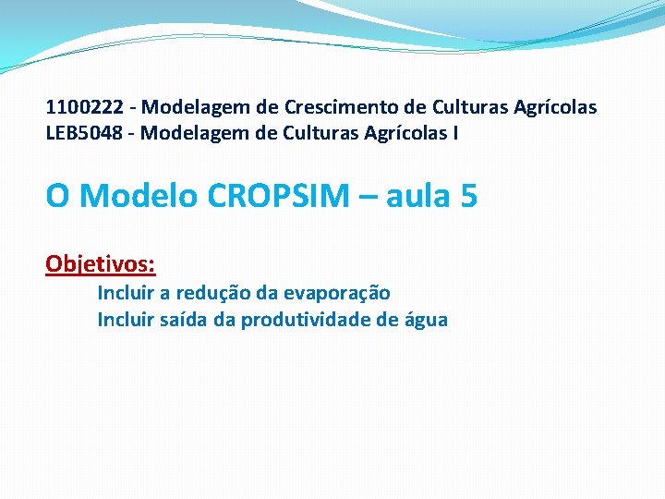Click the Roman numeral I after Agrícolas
[453, 134]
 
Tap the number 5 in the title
[467, 196]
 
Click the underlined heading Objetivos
[100, 264]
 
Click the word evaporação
[337, 293]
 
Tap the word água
[426, 320]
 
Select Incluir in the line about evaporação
[127, 293]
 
